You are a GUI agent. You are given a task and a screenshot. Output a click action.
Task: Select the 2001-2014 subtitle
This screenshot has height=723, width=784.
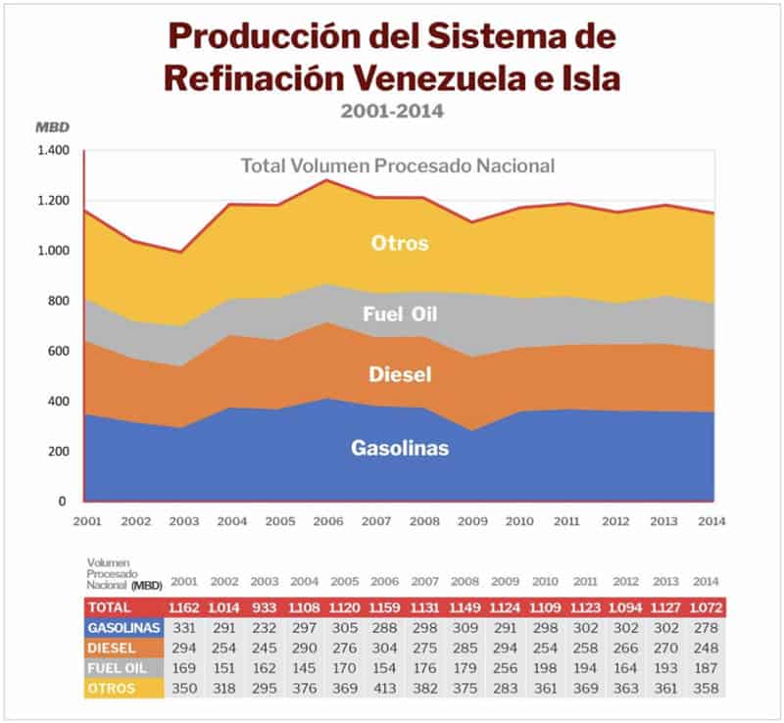[392, 111]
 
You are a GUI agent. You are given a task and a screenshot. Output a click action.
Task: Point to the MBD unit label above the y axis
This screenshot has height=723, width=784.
[48, 127]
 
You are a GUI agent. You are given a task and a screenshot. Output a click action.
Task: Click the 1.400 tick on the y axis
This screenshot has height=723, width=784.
[53, 151]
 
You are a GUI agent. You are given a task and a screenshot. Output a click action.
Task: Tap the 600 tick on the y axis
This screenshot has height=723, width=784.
[59, 352]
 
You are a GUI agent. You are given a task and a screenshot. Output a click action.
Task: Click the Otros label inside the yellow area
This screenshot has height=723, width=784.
[399, 243]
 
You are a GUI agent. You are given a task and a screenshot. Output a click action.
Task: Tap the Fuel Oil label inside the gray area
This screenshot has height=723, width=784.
[400, 314]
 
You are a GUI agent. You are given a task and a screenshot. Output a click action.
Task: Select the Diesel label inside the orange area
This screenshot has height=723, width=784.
[400, 374]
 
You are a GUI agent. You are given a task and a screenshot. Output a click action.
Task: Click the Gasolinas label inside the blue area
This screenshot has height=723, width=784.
[400, 448]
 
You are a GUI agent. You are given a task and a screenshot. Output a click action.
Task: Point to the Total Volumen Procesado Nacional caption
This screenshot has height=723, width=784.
[398, 166]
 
